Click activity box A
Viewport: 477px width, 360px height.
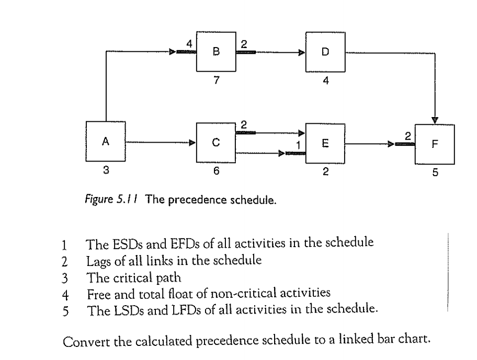105,141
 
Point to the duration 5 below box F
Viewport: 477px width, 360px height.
435,175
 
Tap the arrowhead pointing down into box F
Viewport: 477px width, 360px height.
435,120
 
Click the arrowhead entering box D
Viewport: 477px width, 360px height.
302,52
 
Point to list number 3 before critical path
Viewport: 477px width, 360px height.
63,266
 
